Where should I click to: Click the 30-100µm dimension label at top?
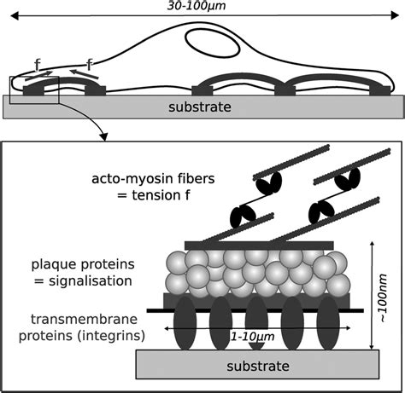coord(197,6)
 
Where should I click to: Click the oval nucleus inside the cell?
coord(213,43)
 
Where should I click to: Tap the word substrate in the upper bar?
coord(200,107)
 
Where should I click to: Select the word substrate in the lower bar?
coord(258,366)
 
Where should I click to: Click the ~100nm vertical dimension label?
coord(384,298)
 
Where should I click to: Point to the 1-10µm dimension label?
coord(252,337)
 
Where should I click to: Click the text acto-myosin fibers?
coord(153,179)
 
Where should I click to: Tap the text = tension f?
coord(154,195)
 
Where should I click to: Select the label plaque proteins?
coord(83,264)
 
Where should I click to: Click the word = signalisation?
coord(83,281)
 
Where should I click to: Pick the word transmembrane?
coord(84,319)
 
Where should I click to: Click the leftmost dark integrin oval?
coord(185,323)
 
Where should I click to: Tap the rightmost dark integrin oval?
coord(328,323)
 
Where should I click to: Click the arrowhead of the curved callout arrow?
coord(104,137)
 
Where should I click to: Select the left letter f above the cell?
coord(37,65)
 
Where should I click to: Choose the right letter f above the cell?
coord(90,65)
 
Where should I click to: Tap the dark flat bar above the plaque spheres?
coord(259,246)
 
